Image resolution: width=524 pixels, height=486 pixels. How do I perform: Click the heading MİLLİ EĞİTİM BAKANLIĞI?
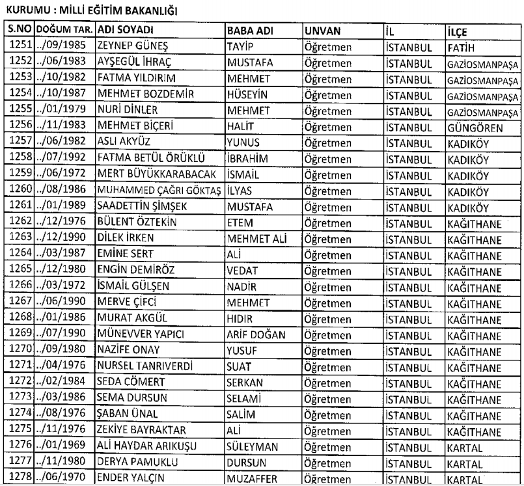(x=123, y=11)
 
